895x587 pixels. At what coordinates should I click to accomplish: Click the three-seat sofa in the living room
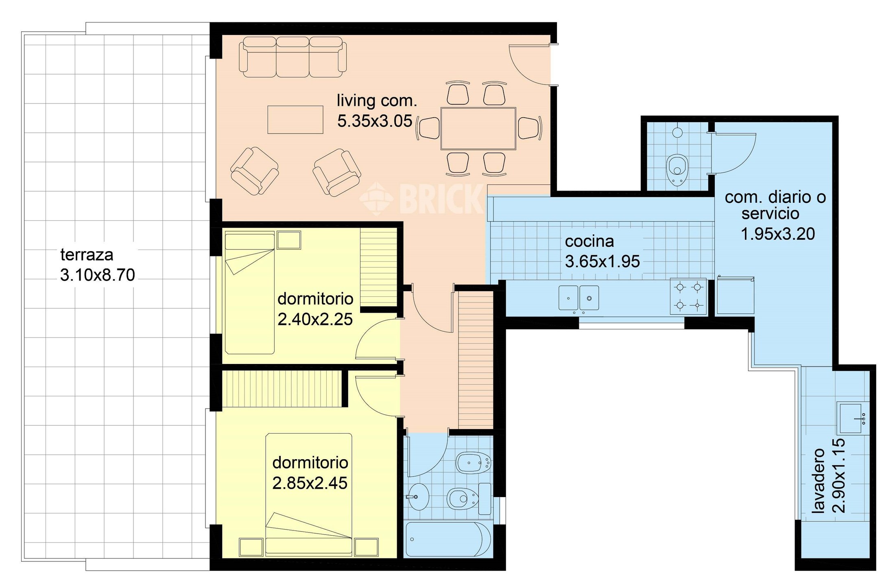point(293,57)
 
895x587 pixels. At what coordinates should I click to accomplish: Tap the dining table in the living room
point(478,129)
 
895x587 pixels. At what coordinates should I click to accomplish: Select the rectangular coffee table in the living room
point(295,120)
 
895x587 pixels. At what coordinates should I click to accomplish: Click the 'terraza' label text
point(87,255)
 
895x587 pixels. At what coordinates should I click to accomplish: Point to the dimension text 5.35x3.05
point(375,121)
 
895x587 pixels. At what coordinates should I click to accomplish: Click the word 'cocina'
point(589,241)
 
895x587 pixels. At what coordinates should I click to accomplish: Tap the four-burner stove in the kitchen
point(688,296)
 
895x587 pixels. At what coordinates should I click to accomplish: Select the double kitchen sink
point(578,298)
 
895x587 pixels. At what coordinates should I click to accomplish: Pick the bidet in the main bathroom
point(474,462)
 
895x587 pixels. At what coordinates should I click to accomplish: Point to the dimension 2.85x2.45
point(310,483)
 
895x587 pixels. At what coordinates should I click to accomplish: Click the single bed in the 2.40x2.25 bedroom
point(250,293)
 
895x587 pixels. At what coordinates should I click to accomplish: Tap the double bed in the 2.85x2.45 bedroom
point(309,495)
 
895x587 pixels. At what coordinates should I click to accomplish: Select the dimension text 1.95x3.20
point(778,234)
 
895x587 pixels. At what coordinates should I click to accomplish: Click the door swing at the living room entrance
point(529,65)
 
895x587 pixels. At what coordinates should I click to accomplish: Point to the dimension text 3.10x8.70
point(98,275)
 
